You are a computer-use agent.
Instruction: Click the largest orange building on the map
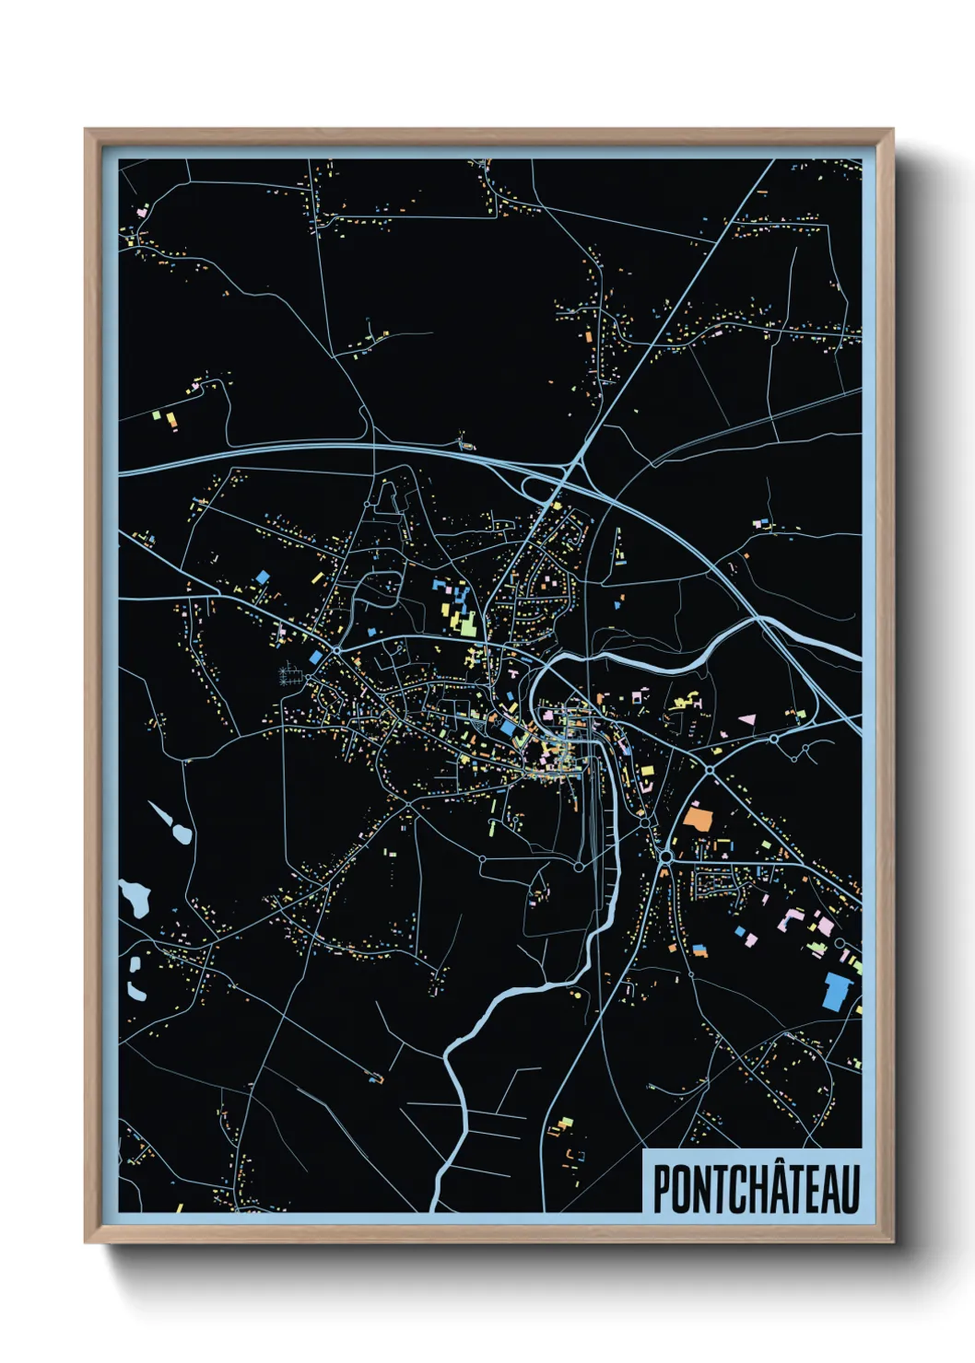(698, 818)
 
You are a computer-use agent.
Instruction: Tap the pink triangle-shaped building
(747, 717)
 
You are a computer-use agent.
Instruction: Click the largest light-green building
(467, 624)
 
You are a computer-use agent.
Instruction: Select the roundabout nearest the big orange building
(665, 857)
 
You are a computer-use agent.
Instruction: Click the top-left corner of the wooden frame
(86, 130)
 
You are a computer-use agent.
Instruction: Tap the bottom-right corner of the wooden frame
(892, 1241)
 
